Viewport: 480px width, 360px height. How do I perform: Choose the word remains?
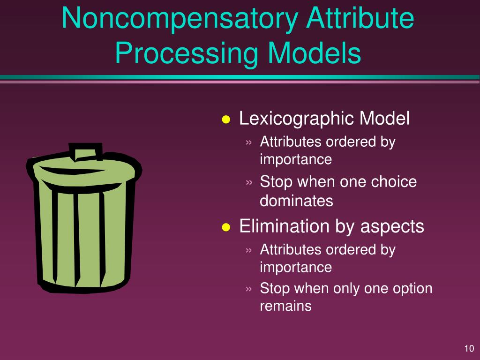point(285,306)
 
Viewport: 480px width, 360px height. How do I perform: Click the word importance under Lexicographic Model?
point(296,159)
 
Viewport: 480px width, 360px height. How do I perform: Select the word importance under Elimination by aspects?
point(296,267)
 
